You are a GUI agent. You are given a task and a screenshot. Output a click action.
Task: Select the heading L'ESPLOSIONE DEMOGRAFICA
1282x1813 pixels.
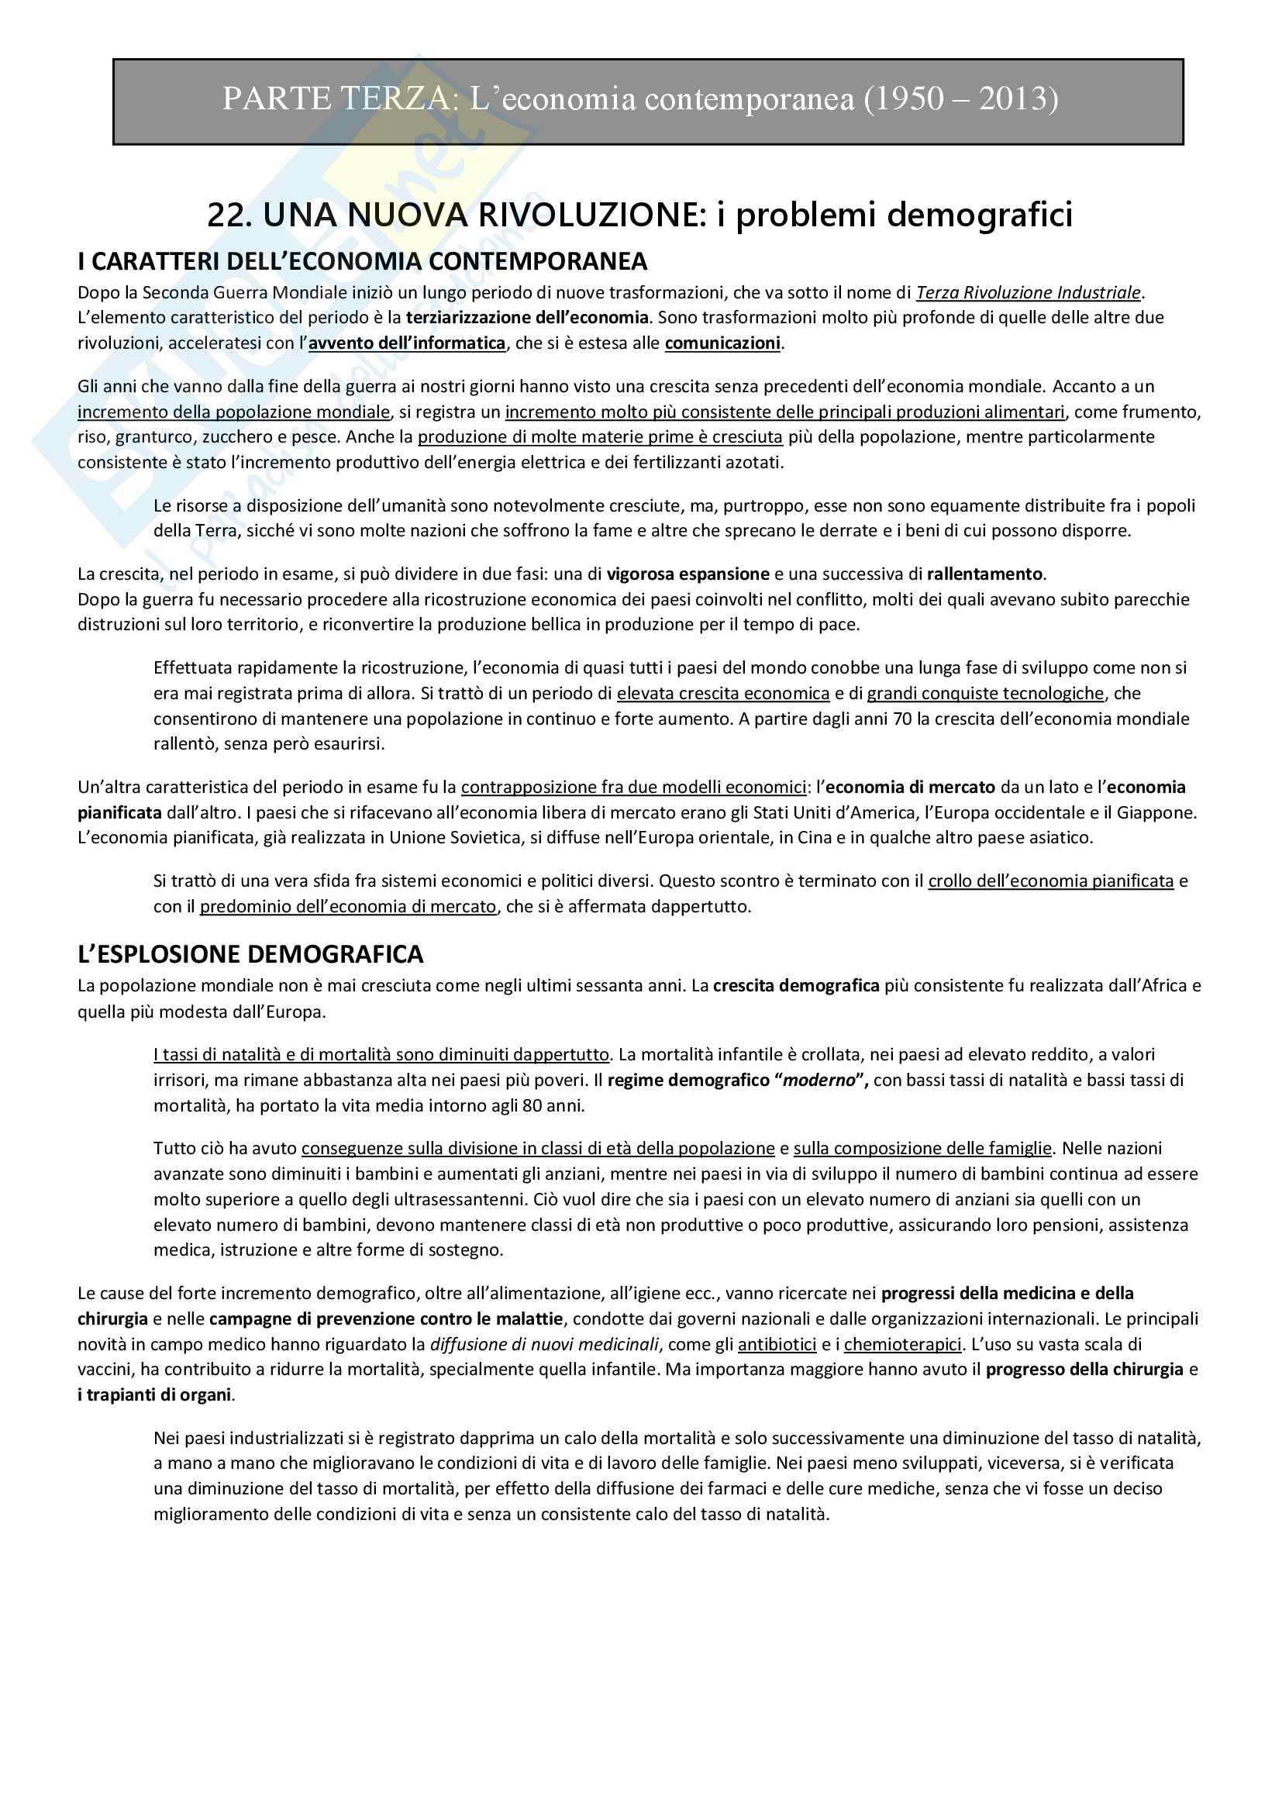[x=250, y=954]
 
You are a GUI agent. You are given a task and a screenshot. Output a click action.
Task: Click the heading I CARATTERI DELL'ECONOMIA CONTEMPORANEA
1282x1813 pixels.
[x=362, y=260]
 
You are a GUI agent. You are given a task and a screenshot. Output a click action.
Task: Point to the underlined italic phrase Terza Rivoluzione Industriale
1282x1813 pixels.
[x=1028, y=292]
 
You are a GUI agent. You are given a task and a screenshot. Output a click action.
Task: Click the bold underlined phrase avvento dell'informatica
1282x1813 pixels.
[x=407, y=343]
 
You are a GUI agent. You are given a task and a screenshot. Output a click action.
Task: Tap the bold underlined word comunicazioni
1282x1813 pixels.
[x=722, y=343]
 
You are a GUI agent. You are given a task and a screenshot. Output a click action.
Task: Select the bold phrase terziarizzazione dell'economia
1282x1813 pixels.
[x=527, y=318]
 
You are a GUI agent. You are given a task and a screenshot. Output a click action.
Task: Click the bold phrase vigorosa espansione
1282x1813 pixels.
[x=688, y=574]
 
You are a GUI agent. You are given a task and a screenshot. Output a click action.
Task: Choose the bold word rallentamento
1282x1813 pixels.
[x=984, y=574]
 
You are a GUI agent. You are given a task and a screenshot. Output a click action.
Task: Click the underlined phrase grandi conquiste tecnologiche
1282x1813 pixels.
[x=985, y=693]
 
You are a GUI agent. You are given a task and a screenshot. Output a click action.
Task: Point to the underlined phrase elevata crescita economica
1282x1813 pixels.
[x=723, y=693]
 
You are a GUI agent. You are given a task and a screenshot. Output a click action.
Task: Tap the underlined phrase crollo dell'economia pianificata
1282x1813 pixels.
[x=1051, y=881]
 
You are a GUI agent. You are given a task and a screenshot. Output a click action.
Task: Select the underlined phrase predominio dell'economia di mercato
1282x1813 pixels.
[x=348, y=907]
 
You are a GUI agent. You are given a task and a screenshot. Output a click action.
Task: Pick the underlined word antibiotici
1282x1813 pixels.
[x=777, y=1344]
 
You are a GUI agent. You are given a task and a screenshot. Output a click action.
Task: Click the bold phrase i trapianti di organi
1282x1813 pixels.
[x=155, y=1395]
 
